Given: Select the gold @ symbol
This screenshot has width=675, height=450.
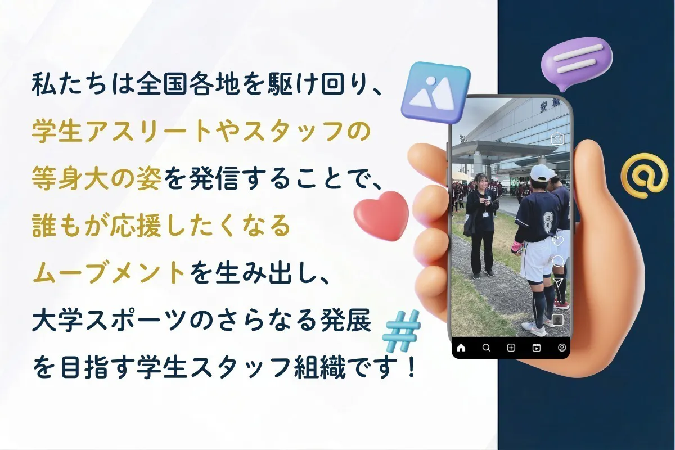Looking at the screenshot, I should tap(643, 176).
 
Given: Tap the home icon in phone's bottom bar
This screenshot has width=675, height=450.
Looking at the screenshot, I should tap(461, 348).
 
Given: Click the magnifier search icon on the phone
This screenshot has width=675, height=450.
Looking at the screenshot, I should tap(487, 348).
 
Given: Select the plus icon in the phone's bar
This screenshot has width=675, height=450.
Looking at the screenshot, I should tap(511, 348).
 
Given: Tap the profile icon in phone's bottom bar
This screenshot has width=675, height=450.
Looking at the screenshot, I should tap(561, 348).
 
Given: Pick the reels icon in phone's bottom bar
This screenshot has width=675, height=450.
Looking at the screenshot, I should tap(537, 348).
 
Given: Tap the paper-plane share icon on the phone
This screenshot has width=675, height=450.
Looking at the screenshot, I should tap(558, 281).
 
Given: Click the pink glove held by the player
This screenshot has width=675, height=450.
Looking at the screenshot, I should tap(516, 247).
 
